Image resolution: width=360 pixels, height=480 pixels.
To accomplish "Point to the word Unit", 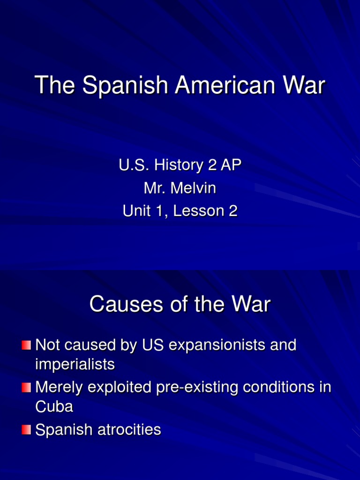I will (x=136, y=211).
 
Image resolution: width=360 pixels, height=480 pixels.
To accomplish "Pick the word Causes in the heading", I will (x=120, y=305).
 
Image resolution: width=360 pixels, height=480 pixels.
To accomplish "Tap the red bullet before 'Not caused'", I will (x=26, y=346).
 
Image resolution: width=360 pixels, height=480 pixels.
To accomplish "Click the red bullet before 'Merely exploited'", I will (x=26, y=388).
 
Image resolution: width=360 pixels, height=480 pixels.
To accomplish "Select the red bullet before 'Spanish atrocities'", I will (x=26, y=430).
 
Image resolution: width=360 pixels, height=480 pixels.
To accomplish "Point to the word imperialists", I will (x=75, y=364).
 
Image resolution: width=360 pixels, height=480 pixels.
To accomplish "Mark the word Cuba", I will (x=54, y=406).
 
